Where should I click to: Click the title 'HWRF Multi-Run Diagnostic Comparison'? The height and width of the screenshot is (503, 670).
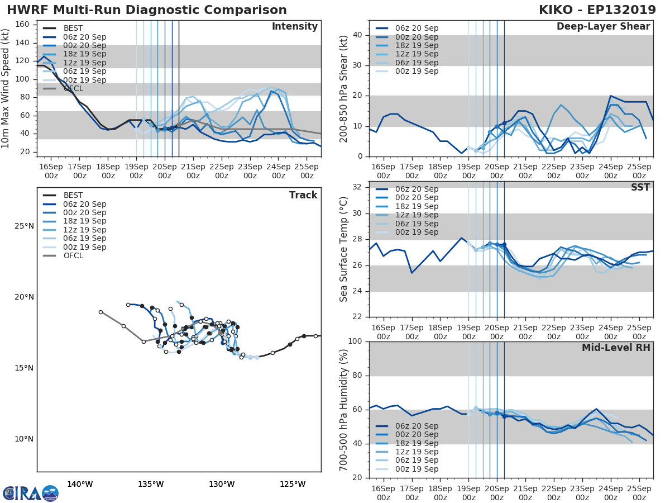tap(147, 10)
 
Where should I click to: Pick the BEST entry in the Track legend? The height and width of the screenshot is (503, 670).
tap(73, 196)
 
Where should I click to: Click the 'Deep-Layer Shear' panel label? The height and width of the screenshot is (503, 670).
tap(603, 27)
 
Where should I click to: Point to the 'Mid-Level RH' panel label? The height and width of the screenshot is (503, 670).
tap(616, 348)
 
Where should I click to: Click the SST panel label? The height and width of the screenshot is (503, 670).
tap(640, 187)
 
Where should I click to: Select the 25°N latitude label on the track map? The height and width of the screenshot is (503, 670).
tap(23, 226)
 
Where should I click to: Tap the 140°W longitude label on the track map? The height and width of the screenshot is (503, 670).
tap(79, 484)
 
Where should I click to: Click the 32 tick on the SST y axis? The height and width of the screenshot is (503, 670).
tap(358, 187)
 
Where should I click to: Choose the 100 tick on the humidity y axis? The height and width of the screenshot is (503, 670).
tap(355, 341)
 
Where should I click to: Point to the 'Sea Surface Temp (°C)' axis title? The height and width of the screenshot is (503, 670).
tap(344, 250)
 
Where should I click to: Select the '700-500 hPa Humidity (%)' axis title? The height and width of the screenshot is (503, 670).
tap(344, 410)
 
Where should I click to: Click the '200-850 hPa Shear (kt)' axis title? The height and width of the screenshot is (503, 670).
tap(344, 89)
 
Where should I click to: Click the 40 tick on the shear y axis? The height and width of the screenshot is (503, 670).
tap(358, 35)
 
